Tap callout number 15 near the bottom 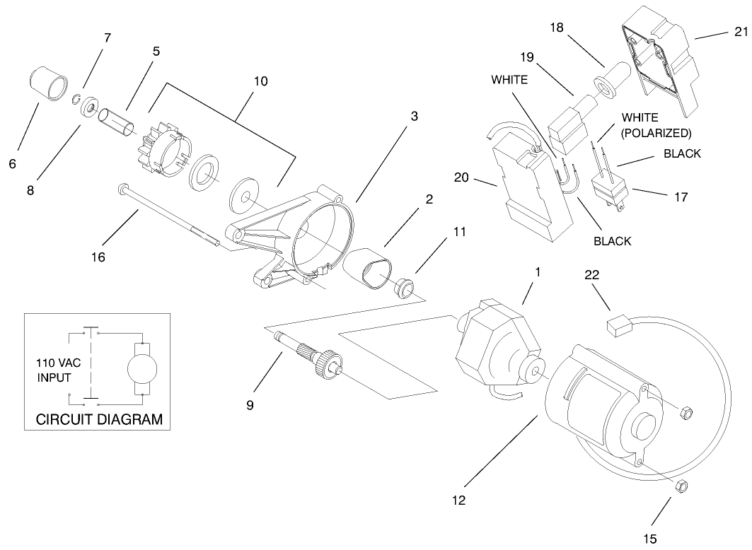point(649,539)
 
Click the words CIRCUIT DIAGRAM point(99,419)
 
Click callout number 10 point(260,81)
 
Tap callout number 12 point(460,500)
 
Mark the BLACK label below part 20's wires point(612,241)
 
